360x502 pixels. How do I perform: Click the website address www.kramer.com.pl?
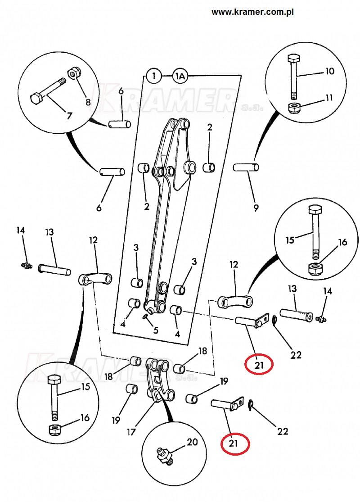[x=252, y=12]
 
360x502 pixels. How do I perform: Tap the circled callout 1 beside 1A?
[x=154, y=76]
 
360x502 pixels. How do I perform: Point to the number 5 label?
[x=156, y=330]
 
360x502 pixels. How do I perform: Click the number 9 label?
[x=256, y=208]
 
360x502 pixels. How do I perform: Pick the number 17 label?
[x=131, y=432]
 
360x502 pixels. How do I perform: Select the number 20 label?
[x=192, y=442]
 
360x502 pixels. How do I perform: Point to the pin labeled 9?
[x=246, y=167]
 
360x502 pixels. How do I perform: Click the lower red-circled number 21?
[x=233, y=443]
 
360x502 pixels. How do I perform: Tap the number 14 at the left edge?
[x=21, y=230]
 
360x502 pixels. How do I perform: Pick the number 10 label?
[x=329, y=71]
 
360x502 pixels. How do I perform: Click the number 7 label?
[x=69, y=116]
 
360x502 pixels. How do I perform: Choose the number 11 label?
[x=329, y=98]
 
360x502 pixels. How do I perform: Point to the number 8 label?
[x=88, y=102]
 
